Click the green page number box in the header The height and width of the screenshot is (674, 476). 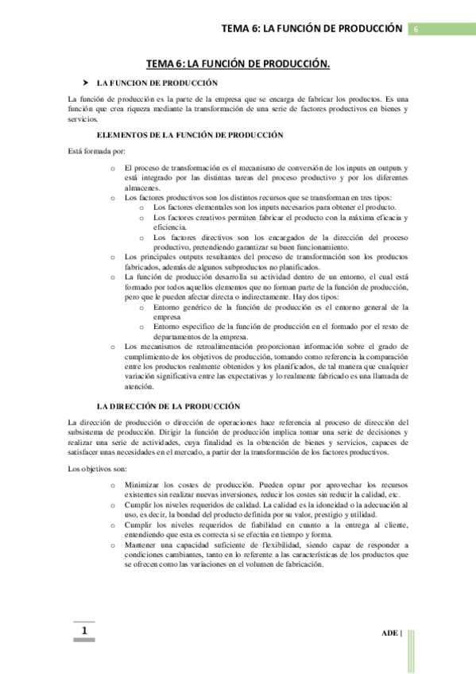point(415,29)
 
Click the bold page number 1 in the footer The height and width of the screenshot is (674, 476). point(83,631)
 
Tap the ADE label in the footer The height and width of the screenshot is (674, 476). point(389,633)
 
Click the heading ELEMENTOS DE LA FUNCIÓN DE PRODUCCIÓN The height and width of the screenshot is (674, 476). point(184,136)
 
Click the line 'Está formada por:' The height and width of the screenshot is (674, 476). point(97,151)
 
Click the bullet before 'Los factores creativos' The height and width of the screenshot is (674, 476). point(141,218)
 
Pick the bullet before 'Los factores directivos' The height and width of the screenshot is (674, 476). point(141,237)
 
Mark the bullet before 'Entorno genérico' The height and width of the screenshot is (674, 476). point(141,307)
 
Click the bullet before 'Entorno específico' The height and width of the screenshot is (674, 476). point(141,327)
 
